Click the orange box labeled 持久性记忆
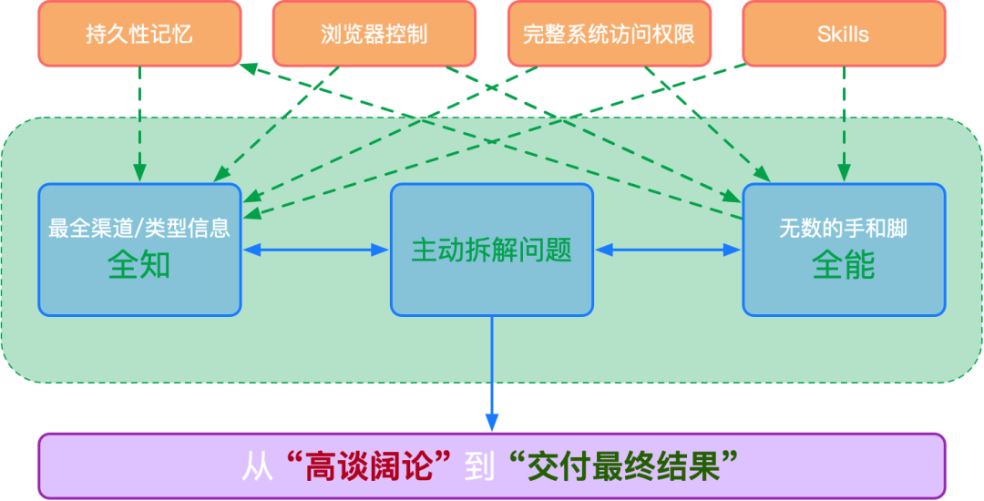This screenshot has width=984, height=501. pyautogui.click(x=139, y=35)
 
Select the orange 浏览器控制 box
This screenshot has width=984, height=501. pyautogui.click(x=374, y=35)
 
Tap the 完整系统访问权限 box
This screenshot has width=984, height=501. pyautogui.click(x=609, y=35)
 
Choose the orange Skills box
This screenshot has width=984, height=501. pyautogui.click(x=843, y=35)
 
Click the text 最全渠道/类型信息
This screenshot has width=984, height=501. pyautogui.click(x=139, y=228)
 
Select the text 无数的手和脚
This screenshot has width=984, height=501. pyautogui.click(x=843, y=228)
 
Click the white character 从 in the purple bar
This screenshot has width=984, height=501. pyautogui.click(x=257, y=466)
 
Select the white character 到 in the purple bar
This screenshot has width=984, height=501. pyautogui.click(x=479, y=466)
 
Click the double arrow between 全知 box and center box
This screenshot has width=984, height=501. pyautogui.click(x=315, y=249)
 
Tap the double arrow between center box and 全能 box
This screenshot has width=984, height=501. pyautogui.click(x=667, y=249)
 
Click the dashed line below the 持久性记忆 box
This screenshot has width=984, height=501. pyautogui.click(x=139, y=91)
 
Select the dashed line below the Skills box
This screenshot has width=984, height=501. pyautogui.click(x=844, y=91)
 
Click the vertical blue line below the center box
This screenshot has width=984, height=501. pyautogui.click(x=492, y=364)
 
